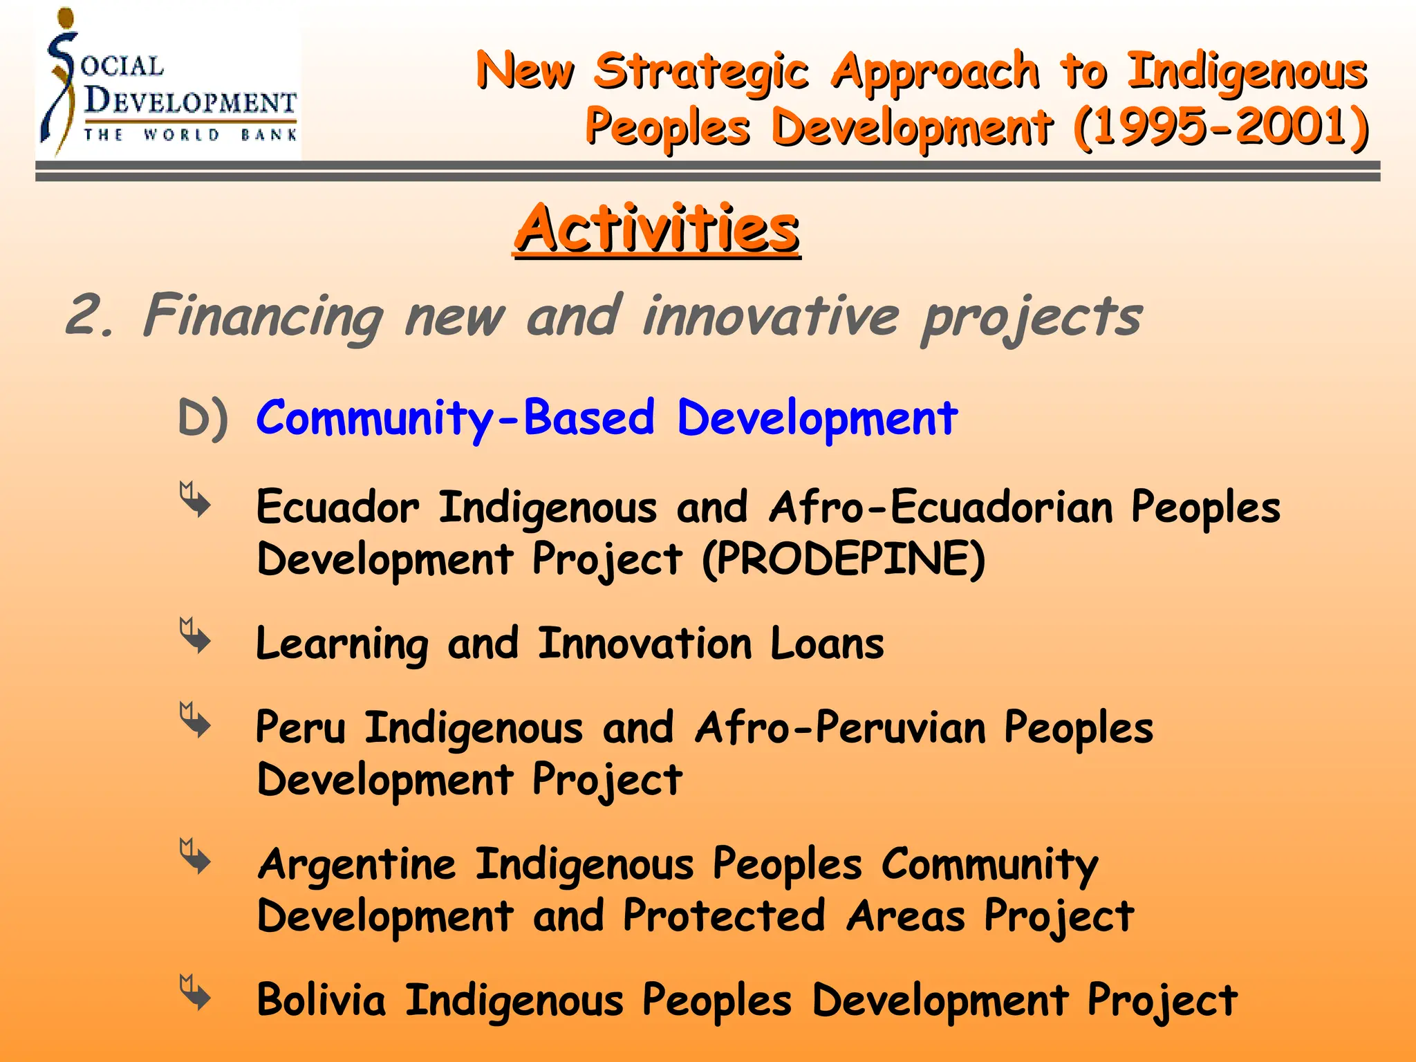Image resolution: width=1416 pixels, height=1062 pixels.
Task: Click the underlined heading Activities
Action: click(656, 230)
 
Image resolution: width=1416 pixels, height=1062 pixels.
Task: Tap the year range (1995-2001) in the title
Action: click(1221, 127)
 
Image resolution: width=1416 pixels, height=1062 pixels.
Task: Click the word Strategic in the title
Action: click(701, 71)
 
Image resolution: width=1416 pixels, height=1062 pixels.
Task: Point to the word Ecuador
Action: click(337, 507)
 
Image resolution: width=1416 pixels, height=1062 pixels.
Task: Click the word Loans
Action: click(827, 644)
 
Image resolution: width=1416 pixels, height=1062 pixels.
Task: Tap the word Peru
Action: click(300, 728)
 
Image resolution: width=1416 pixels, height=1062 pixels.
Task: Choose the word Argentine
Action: click(357, 864)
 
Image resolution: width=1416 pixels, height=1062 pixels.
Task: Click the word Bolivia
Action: click(321, 1000)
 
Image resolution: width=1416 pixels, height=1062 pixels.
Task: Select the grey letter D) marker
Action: click(202, 418)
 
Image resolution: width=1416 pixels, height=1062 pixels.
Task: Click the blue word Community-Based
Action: click(455, 418)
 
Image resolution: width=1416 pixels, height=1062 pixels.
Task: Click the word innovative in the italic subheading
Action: click(770, 317)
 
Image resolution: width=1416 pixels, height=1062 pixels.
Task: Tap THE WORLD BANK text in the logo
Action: click(190, 135)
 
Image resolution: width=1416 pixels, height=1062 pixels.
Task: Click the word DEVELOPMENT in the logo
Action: click(190, 102)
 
